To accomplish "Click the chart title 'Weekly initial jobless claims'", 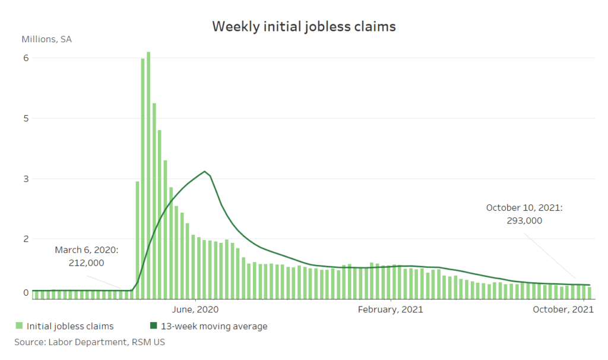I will tap(304, 27).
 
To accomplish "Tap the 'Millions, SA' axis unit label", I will tap(47, 40).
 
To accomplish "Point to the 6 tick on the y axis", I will tap(26, 58).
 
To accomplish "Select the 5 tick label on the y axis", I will tap(26, 118).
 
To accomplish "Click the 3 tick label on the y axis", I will tap(26, 179).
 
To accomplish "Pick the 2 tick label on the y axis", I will tap(26, 239).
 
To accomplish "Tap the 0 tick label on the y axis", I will tap(26, 292).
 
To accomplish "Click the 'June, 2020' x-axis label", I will tap(195, 310).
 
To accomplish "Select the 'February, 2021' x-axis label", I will tap(391, 310).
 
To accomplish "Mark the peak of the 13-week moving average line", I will tap(205, 172).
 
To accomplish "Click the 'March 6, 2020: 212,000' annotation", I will tap(87, 257).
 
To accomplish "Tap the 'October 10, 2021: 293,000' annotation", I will tap(524, 214).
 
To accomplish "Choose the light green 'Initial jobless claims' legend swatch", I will tap(19, 326).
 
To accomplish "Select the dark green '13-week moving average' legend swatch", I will tap(153, 326).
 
